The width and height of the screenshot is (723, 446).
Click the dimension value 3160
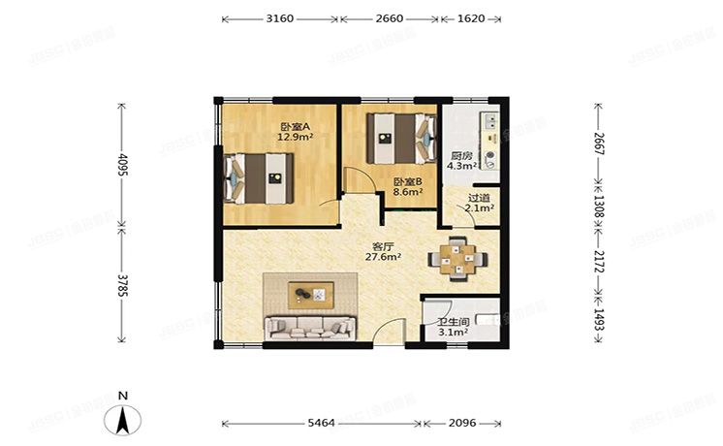click(x=280, y=19)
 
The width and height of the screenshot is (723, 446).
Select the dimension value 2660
click(x=390, y=19)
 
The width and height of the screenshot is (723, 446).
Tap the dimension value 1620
click(x=471, y=19)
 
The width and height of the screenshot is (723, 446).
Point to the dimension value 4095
click(x=123, y=165)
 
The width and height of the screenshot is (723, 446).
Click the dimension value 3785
click(x=123, y=286)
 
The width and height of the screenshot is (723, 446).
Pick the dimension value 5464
click(x=321, y=423)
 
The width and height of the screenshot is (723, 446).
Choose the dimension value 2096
click(x=462, y=423)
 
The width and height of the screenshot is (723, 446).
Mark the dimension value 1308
click(x=599, y=206)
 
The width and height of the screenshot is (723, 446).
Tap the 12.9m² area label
click(x=295, y=137)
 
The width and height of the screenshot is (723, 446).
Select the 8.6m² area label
click(x=408, y=192)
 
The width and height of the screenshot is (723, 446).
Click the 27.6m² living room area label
click(x=383, y=257)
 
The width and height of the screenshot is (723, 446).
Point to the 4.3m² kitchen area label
click(x=461, y=166)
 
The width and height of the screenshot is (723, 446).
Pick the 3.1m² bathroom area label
click(x=454, y=333)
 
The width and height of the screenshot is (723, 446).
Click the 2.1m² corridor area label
click(x=480, y=208)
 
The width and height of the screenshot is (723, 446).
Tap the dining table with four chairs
click(x=457, y=259)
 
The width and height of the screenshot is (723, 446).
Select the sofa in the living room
click(x=310, y=328)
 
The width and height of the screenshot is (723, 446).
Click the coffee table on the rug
click(x=311, y=295)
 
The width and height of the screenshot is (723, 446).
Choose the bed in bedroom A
click(x=259, y=178)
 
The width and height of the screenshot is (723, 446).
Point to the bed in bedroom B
click(x=401, y=139)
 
